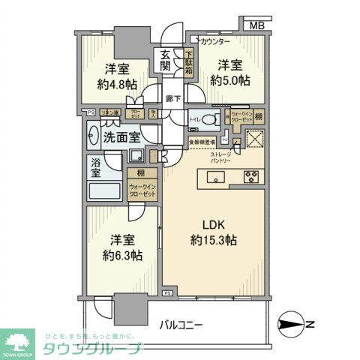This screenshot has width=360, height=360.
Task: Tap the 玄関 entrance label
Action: coord(165,59)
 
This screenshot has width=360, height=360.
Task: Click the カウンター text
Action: coord(215,40)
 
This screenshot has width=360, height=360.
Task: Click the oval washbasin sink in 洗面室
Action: coord(92,136)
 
